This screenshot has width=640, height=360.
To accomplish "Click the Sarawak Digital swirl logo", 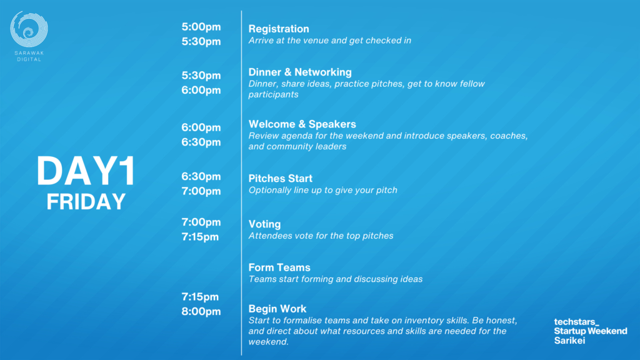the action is (29, 29).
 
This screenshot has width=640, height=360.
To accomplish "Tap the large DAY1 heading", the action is (86, 171).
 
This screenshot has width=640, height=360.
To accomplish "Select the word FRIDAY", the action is (86, 202).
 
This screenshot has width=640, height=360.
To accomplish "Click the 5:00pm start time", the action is (201, 27).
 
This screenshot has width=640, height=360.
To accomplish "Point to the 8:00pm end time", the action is (201, 311).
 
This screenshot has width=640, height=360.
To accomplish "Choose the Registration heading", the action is (279, 29).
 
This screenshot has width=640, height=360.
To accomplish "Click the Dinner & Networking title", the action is (300, 72).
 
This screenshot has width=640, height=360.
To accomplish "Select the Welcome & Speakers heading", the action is (302, 124).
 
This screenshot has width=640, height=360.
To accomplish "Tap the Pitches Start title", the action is (281, 178).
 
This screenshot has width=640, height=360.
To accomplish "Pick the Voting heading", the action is (264, 224).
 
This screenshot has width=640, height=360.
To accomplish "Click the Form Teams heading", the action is (279, 267).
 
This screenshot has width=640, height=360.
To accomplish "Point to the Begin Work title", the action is (277, 309).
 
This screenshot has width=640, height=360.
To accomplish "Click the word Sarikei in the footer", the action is (569, 341).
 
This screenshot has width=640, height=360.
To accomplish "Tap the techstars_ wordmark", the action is (576, 322).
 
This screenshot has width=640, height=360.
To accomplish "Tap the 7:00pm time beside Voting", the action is (201, 222).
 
